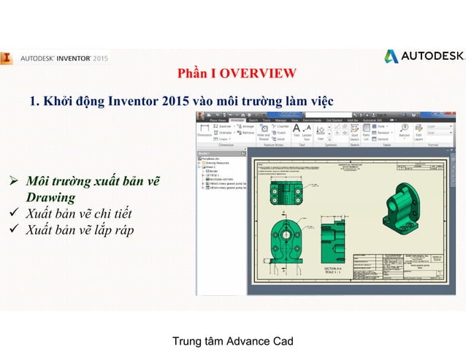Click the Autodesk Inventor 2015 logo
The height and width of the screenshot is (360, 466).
pos(55,57)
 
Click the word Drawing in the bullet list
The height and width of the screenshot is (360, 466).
pos(50,197)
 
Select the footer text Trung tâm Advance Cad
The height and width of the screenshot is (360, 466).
pos(232,341)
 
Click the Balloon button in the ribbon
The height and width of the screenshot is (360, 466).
pos(404,131)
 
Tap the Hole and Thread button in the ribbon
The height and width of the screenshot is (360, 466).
pos(264,131)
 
